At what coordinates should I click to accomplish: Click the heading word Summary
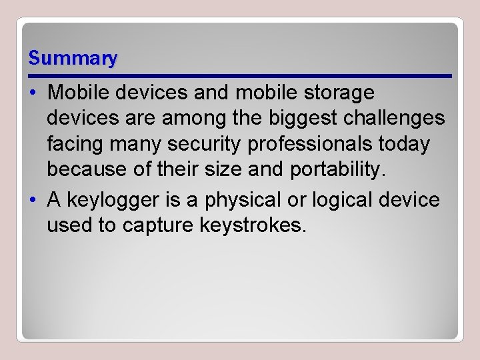click(73, 59)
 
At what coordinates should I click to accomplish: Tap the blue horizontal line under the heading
click(240, 76)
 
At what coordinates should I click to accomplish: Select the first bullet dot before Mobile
click(35, 93)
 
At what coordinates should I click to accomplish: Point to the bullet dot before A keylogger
click(35, 200)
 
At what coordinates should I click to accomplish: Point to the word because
click(87, 170)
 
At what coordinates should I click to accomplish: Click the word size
click(224, 170)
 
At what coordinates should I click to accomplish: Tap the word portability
click(338, 170)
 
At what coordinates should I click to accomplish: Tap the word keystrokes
click(253, 226)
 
